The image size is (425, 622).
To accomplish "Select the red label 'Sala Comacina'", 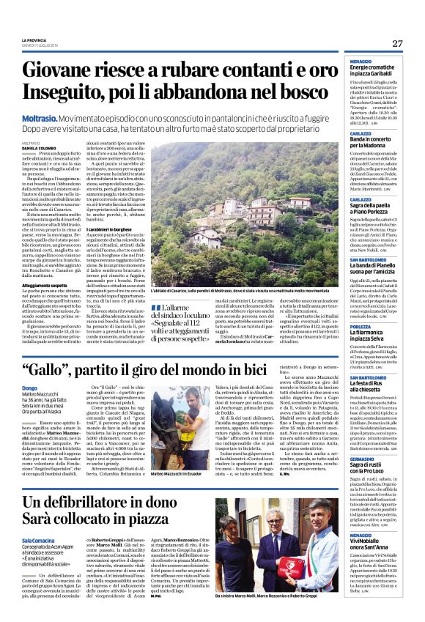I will pyautogui.click(x=40, y=538).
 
